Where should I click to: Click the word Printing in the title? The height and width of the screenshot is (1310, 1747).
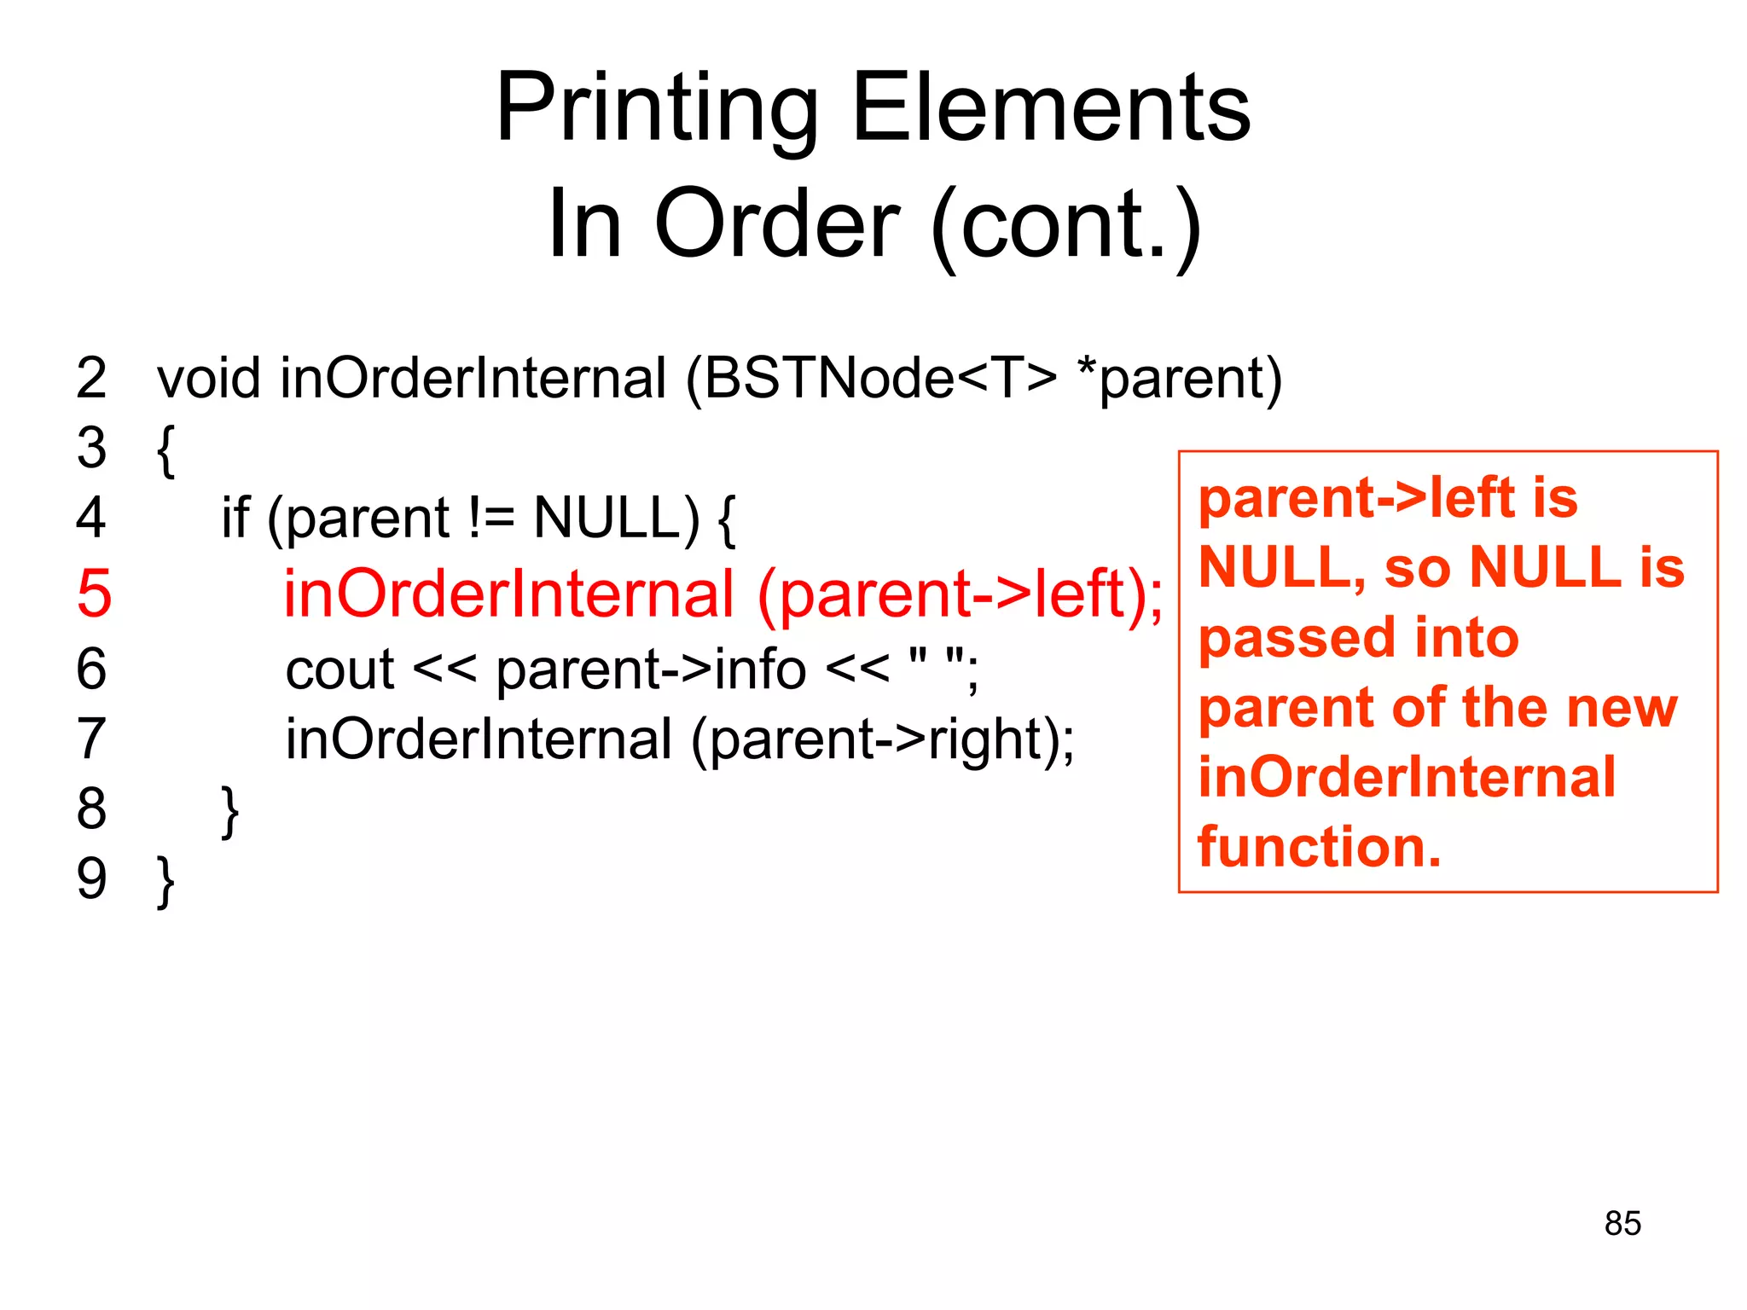(x=657, y=109)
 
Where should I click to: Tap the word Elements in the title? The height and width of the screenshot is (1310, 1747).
(x=1051, y=109)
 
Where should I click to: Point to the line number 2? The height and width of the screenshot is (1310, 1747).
(x=91, y=378)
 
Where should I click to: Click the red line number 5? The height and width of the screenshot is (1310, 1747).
(x=94, y=594)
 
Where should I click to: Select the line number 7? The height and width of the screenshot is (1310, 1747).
(x=91, y=739)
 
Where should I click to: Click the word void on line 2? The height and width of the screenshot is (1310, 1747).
(x=209, y=378)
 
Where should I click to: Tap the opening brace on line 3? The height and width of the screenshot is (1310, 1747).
(x=166, y=449)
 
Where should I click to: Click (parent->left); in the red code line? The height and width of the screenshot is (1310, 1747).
(x=960, y=594)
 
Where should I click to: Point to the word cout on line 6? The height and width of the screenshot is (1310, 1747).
(x=340, y=669)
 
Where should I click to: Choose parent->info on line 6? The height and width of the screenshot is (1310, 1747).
(x=651, y=669)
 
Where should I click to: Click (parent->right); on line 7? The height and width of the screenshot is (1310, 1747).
(x=883, y=739)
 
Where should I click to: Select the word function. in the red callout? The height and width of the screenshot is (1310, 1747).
(x=1320, y=847)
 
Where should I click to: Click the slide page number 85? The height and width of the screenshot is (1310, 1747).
(x=1622, y=1223)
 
